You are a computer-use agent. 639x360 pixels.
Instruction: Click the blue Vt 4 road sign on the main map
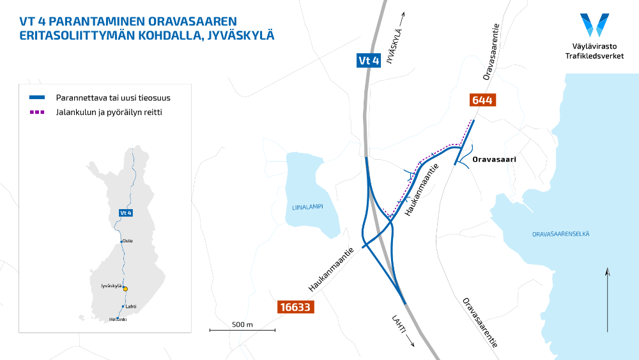point(369,61)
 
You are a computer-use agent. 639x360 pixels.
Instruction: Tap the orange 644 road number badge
point(482,100)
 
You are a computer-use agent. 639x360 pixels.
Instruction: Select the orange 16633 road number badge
point(295,308)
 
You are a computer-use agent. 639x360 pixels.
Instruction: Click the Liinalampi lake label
point(309,207)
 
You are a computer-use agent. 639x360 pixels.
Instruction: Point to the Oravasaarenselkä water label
point(561,234)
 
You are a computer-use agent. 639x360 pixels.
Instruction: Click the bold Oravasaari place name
point(494,159)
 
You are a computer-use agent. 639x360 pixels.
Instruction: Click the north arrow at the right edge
point(608,301)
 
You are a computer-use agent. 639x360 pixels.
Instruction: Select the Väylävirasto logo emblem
point(594,26)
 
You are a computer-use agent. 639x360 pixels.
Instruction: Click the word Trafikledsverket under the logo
point(595,56)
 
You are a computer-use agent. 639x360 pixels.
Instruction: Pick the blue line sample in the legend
point(37,98)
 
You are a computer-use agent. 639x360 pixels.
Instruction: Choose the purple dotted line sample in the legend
point(37,112)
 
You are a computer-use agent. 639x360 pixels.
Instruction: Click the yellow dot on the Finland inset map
point(125,289)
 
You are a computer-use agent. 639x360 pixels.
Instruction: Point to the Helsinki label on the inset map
point(118,319)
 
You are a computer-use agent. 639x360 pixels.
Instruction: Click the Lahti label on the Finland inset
point(131,306)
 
